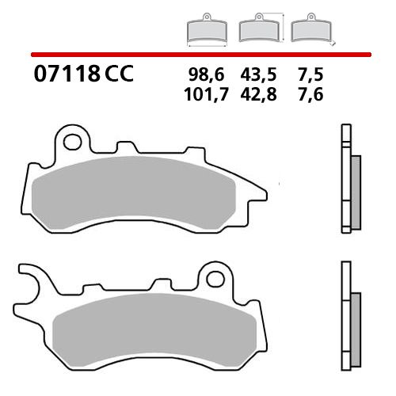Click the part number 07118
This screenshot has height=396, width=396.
(x=67, y=75)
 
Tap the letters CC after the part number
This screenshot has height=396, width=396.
(x=118, y=75)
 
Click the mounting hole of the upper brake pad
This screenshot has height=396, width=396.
(x=73, y=143)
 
